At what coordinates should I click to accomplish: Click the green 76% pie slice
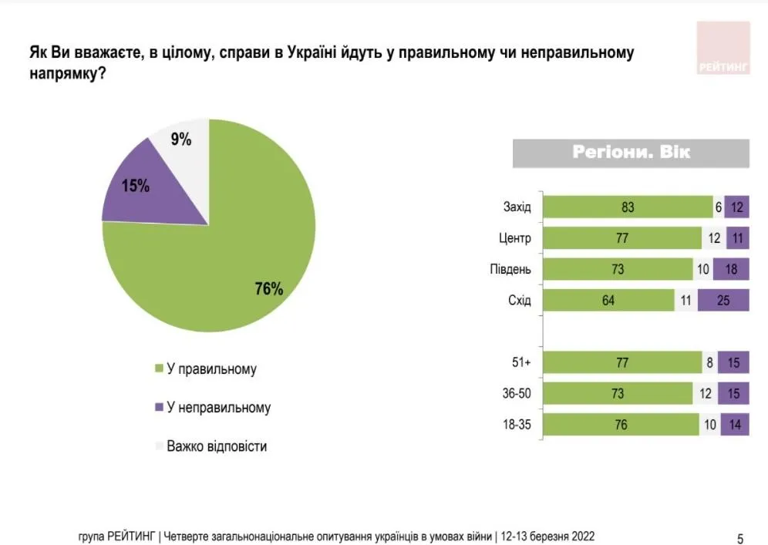tap(231, 262)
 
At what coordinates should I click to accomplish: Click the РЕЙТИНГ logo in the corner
tap(723, 49)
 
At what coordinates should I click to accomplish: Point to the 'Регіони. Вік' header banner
tap(631, 153)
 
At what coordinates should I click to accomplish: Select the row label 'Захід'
tap(517, 207)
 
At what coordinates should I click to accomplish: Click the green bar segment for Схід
tap(608, 300)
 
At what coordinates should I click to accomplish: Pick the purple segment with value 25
tap(723, 300)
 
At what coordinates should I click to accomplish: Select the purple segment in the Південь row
tap(730, 269)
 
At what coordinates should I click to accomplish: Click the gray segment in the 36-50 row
tap(704, 394)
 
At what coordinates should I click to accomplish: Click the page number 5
tap(740, 538)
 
